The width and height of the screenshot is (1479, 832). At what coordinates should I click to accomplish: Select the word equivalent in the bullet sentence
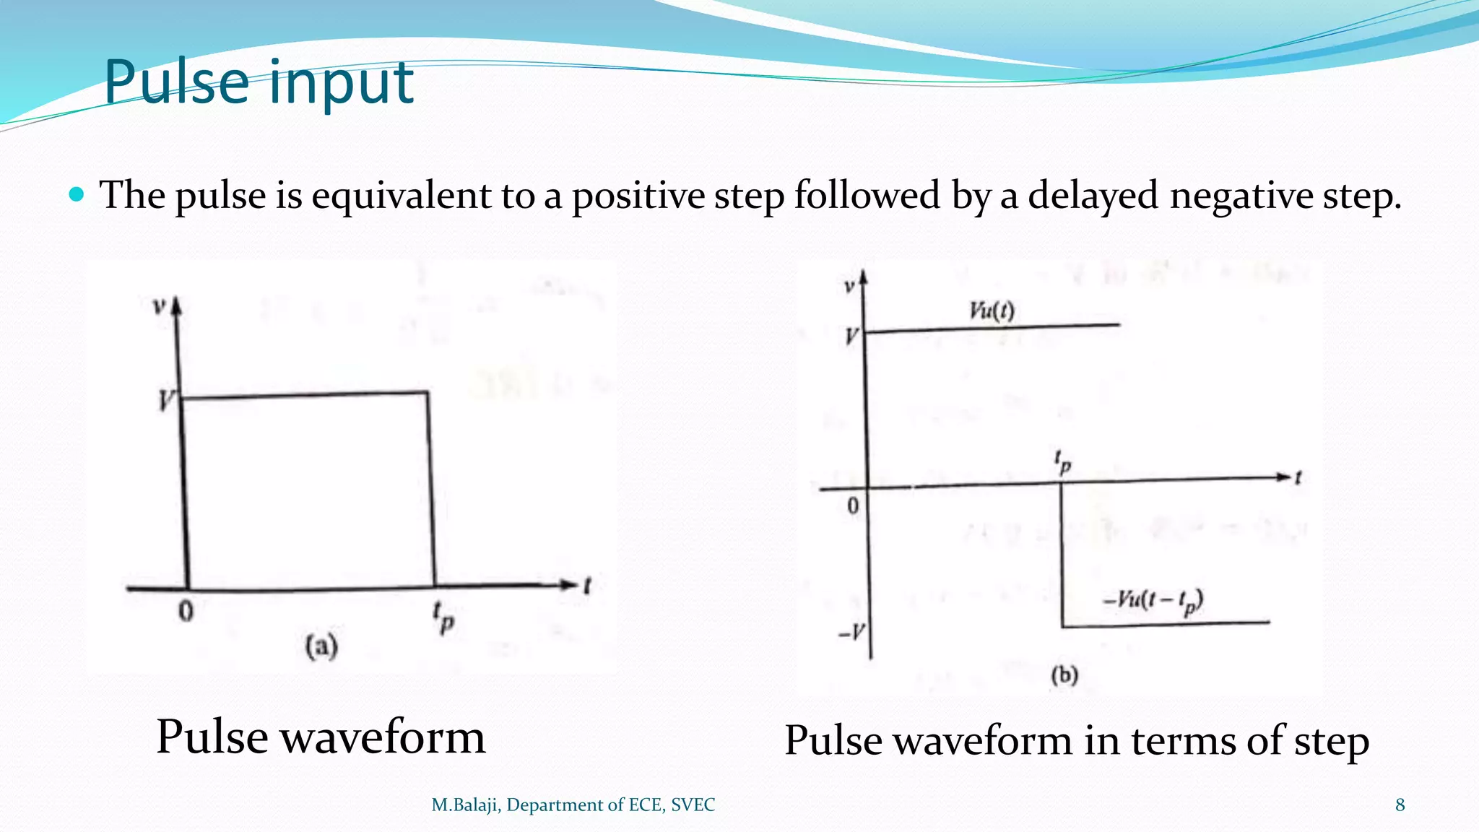pyautogui.click(x=401, y=196)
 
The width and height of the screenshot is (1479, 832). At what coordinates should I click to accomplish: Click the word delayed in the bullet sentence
pyautogui.click(x=1093, y=196)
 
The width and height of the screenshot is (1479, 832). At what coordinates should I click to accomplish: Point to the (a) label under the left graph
pyautogui.click(x=321, y=646)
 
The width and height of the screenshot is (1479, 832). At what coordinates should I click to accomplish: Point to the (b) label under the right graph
pyautogui.click(x=1064, y=675)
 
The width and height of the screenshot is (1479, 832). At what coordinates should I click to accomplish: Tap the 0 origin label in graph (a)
pyautogui.click(x=186, y=612)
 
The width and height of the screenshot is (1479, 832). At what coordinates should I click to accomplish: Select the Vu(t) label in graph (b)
pyautogui.click(x=992, y=311)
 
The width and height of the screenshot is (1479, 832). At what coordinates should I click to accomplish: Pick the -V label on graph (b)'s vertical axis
pyautogui.click(x=851, y=633)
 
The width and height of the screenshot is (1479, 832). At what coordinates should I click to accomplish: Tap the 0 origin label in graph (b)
pyautogui.click(x=853, y=506)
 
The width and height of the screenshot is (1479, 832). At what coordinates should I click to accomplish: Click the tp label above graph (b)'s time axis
pyautogui.click(x=1062, y=461)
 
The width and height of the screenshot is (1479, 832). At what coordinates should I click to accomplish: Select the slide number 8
pyautogui.click(x=1400, y=805)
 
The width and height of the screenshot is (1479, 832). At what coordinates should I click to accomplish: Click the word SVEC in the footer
pyautogui.click(x=693, y=805)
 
